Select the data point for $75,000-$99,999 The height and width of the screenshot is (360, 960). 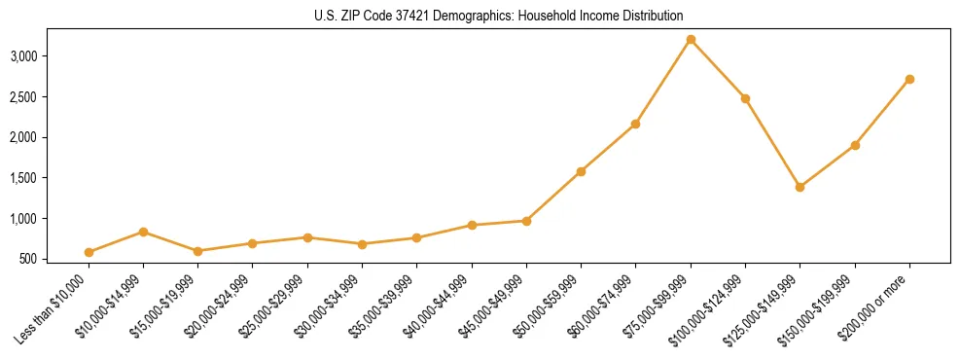coord(691,40)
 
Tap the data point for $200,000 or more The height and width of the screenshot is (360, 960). coord(909,79)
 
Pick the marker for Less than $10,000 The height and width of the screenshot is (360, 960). coord(89,252)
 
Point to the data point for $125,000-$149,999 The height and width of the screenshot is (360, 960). coord(800,187)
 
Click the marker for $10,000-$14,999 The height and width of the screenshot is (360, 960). coord(144,232)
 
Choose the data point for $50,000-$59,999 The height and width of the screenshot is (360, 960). coord(581,171)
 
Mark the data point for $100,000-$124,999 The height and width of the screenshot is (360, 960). coord(745,98)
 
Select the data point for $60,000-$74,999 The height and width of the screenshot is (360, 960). coord(635,124)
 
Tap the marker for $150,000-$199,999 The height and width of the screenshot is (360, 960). coord(855,145)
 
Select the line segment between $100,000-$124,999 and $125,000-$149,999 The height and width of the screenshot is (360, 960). coord(772,143)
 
